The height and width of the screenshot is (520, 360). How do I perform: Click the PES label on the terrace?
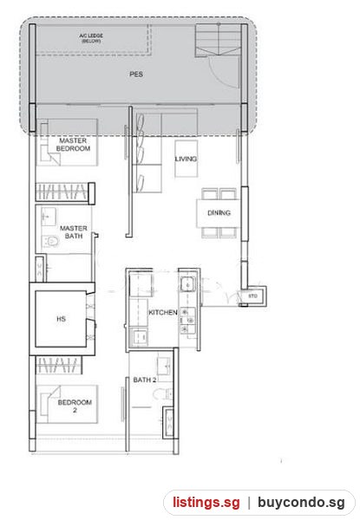pos(136,74)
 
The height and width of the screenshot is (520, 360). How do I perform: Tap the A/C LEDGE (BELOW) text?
pos(91,38)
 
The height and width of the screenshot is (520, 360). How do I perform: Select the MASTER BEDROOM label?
pos(73,145)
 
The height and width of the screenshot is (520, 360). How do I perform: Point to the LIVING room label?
pos(186,159)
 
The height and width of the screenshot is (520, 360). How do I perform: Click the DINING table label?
pos(219,212)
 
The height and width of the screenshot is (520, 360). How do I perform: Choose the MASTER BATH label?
pos(74,231)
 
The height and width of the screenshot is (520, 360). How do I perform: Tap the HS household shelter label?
pos(61,319)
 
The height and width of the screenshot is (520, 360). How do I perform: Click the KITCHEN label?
pos(162,312)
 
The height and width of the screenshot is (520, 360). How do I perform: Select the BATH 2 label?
pos(144,380)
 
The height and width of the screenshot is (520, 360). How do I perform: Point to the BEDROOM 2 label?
pos(75,406)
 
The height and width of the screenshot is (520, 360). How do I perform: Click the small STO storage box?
pos(253,296)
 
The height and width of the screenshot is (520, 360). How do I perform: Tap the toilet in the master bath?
pos(50,241)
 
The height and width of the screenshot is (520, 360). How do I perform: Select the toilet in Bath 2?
pos(164,394)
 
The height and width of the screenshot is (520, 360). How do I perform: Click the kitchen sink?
pos(187,284)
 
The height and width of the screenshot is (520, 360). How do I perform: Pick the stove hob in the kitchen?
pos(187,321)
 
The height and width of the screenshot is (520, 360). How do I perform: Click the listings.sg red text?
pos(206,503)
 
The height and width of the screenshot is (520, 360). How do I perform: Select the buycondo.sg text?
pos(301,503)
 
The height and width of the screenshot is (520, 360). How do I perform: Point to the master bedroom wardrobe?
pos(65,192)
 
